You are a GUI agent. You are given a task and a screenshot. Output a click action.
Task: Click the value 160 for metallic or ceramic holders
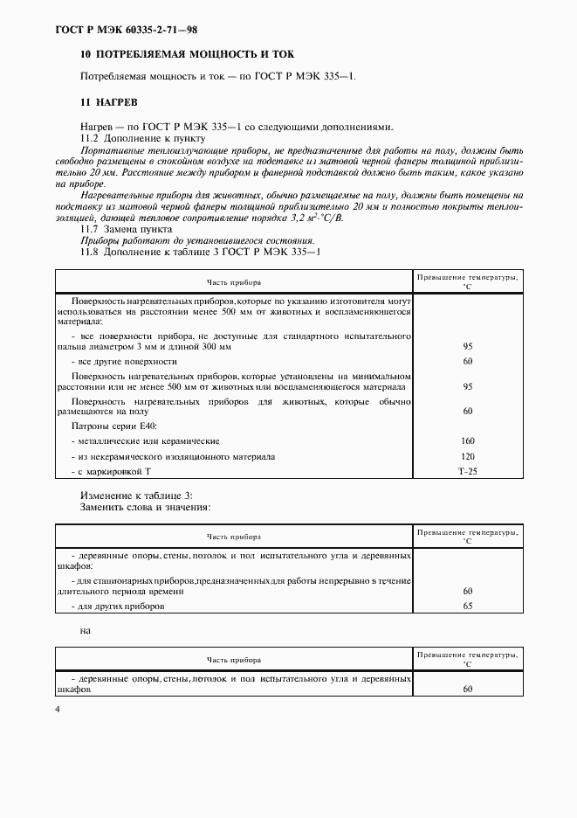[x=467, y=440]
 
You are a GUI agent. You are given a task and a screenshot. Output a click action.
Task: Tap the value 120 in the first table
[x=467, y=456]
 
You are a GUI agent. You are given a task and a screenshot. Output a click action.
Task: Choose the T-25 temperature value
[x=467, y=471]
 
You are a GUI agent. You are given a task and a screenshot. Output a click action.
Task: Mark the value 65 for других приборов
[x=467, y=606]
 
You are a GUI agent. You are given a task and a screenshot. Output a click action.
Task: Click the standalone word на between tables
[x=86, y=629]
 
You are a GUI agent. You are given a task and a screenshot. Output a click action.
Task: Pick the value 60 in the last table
[x=467, y=689]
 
